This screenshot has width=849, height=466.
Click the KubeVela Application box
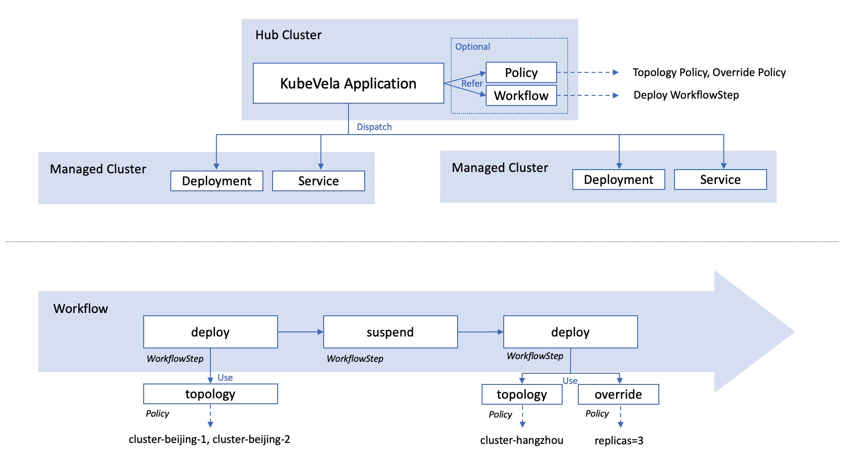click(348, 83)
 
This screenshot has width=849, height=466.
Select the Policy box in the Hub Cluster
click(521, 73)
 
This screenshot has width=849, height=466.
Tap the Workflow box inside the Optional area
click(521, 95)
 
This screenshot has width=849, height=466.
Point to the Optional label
click(472, 47)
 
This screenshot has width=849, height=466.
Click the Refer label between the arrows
click(472, 83)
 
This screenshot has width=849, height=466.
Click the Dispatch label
click(374, 127)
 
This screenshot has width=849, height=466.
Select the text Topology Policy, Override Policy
click(709, 72)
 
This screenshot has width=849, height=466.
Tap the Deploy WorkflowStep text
click(686, 95)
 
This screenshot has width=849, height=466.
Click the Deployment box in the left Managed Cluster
click(216, 181)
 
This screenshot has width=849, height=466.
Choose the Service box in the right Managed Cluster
click(720, 180)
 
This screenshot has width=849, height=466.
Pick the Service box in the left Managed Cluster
click(318, 181)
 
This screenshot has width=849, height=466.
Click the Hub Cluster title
click(288, 35)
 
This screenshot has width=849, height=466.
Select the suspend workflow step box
click(390, 332)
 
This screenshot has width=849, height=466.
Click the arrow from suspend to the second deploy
click(480, 332)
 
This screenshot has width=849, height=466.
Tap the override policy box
click(618, 395)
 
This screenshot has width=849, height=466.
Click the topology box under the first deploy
click(210, 394)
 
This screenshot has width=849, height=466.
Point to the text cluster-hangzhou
click(521, 440)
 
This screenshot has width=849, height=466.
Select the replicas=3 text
click(619, 441)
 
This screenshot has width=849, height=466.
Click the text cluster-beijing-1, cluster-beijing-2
click(209, 439)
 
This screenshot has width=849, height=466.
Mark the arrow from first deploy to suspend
click(300, 332)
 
